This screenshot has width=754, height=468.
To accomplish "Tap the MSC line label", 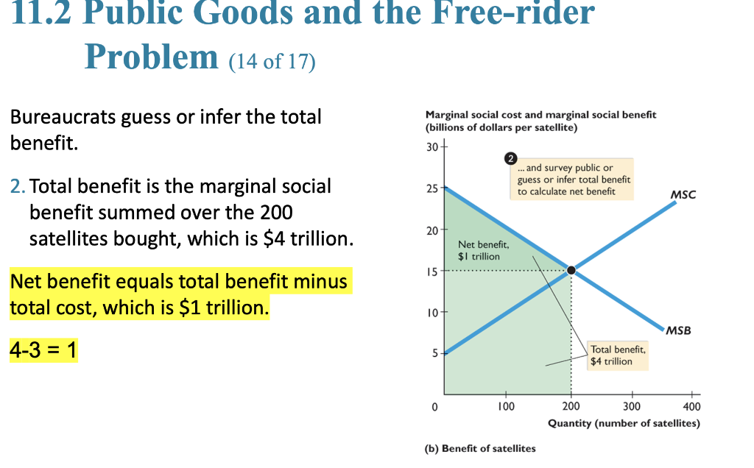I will pos(683,194).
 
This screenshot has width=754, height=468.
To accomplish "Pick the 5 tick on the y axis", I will pos(434,354).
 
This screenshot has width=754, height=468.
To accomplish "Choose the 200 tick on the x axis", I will pos(570,405).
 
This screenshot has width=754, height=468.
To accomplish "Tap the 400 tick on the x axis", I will pos(692,405).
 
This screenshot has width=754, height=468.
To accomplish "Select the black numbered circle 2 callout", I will pos(510,158).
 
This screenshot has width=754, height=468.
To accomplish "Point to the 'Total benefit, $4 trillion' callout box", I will pos(617,355).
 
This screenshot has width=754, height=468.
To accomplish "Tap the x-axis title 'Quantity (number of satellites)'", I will pos(624,424).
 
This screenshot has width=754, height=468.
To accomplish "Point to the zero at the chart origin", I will pos(434,405).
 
